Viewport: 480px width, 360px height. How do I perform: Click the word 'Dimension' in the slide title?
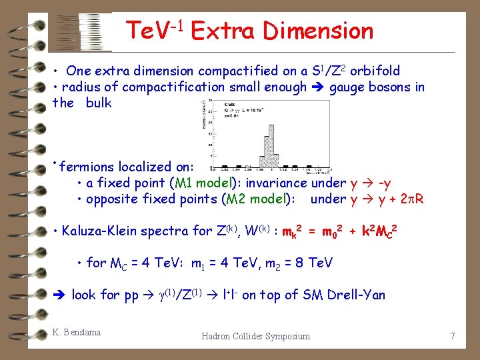[x=318, y=31]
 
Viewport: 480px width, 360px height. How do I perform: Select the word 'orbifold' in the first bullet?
[x=375, y=71]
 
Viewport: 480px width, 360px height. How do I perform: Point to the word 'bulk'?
[x=99, y=103]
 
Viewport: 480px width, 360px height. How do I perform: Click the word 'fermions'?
[x=85, y=167]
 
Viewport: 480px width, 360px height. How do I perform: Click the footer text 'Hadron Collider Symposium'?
[x=255, y=336]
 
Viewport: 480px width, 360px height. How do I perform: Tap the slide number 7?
[x=453, y=336]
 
